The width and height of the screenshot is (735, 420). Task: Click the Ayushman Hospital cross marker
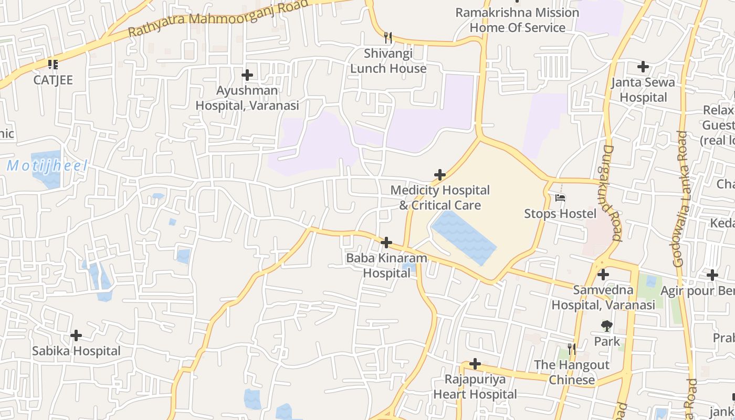pos(247,75)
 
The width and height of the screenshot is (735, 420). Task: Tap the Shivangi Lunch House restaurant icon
pos(388,37)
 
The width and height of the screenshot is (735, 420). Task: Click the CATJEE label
pos(53,80)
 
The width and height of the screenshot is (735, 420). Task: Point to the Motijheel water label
pos(47,166)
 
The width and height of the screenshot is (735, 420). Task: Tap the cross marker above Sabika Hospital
pos(76,335)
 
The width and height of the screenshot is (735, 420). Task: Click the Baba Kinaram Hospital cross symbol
pos(386,243)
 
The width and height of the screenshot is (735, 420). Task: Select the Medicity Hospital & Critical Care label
pos(440,197)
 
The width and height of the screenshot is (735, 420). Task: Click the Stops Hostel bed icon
pos(560,198)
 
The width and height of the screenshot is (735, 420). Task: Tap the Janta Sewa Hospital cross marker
pos(643,67)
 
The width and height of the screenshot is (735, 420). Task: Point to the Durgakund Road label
pos(609,193)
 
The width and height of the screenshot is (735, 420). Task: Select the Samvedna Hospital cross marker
pos(603,274)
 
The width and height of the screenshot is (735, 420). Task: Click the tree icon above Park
pos(607,325)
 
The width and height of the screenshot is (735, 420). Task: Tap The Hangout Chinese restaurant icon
pos(572,349)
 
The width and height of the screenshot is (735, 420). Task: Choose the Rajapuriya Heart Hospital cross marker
pos(475,363)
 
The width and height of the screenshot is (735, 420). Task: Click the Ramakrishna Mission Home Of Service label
pos(517,20)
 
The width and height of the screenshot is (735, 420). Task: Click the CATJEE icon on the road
pos(52,65)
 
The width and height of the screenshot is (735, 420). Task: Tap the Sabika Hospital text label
pos(76,351)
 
